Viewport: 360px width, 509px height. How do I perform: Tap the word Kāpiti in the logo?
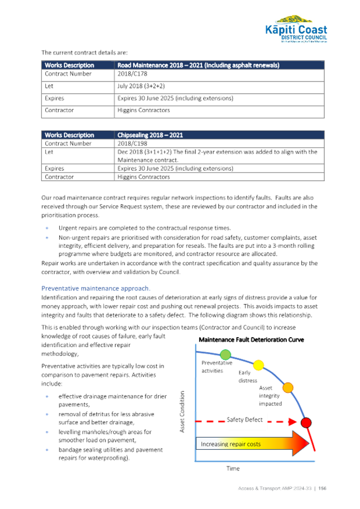282,30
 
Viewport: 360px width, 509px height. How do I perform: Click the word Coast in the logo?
313,30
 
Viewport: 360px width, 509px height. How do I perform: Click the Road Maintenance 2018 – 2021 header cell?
198,65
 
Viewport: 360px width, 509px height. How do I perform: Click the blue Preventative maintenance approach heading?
96,289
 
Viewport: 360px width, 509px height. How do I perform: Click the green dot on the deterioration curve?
225,354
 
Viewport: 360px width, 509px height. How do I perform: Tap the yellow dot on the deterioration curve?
258,365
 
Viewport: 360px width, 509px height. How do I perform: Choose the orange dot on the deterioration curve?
288,387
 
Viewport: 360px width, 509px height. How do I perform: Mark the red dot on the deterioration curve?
306,421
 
